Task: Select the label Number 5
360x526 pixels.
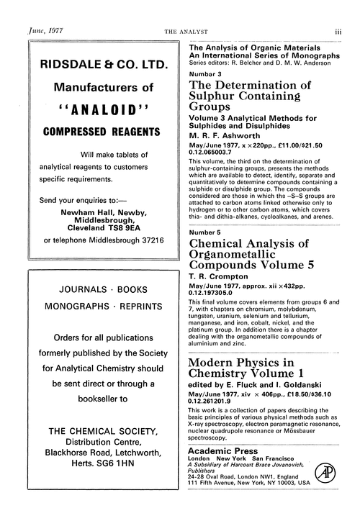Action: click(x=207, y=232)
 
